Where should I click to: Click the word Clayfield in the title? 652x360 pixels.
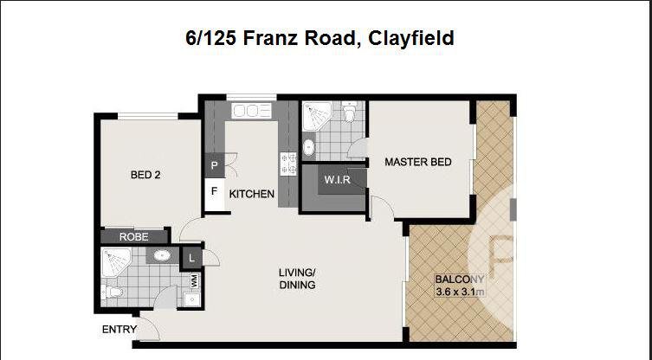(x=411, y=38)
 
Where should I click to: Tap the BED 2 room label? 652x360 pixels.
(x=145, y=174)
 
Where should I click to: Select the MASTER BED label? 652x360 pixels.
(x=418, y=162)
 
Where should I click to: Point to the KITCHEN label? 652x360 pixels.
(x=252, y=194)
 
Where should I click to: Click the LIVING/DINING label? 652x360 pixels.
(x=297, y=279)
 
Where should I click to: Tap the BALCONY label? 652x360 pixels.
(x=460, y=280)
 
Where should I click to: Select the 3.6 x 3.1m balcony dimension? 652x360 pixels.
(x=460, y=292)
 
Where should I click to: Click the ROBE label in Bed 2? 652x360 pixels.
(x=133, y=236)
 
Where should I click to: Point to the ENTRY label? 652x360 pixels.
(x=119, y=329)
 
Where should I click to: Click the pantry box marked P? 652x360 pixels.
(x=214, y=164)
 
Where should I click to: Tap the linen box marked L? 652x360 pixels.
(x=191, y=257)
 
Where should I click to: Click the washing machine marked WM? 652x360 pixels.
(x=194, y=280)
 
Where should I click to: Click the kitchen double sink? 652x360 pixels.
(x=251, y=111)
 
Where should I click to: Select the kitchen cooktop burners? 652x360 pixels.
(x=288, y=163)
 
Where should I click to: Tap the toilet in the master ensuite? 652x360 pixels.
(x=349, y=112)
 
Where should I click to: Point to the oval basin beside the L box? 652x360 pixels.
(x=161, y=255)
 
